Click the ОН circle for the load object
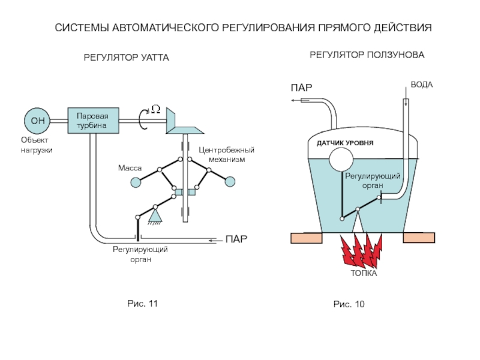tap(37, 121)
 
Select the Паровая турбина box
tap(93, 121)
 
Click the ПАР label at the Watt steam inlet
tap(236, 240)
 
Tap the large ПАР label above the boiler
tap(301, 88)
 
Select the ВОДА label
tap(421, 85)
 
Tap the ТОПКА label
tap(364, 274)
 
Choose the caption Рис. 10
tap(349, 305)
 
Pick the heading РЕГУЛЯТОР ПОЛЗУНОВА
tap(367, 55)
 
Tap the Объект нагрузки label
tap(37, 144)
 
